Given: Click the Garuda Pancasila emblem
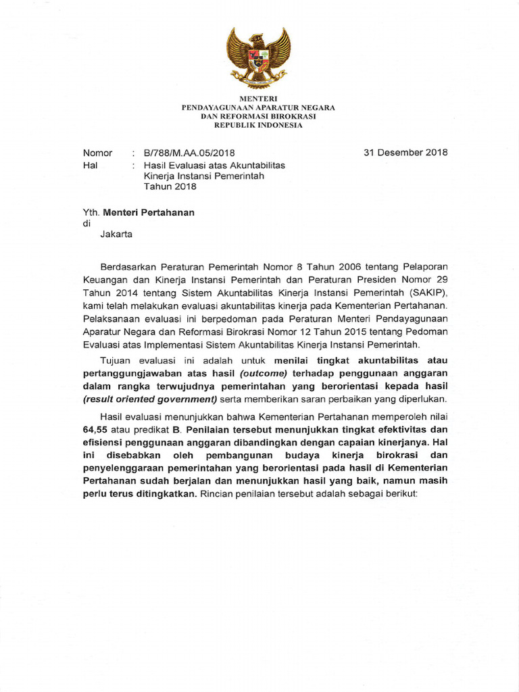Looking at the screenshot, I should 259,57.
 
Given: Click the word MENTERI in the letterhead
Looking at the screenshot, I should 259,99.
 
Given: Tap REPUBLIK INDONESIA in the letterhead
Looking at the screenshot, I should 259,126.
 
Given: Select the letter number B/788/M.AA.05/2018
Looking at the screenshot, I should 189,153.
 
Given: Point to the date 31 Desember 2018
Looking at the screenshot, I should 405,152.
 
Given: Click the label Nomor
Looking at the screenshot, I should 97,153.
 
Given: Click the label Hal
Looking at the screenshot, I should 89,165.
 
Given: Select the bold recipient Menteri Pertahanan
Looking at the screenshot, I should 148,212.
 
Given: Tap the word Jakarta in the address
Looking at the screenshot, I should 116,235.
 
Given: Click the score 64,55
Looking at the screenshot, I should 97,429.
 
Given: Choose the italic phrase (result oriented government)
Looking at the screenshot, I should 149,399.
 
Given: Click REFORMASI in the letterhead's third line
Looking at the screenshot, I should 253,116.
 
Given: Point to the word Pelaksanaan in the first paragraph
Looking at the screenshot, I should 110,318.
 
